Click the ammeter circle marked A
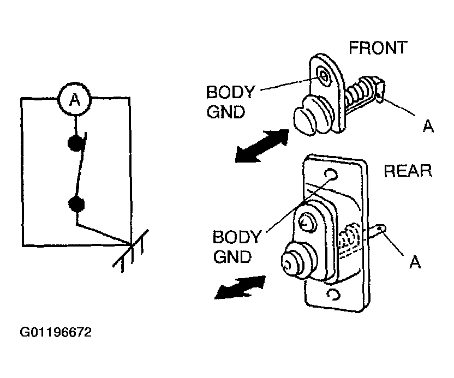pyautogui.click(x=75, y=99)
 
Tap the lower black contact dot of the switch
pyautogui.click(x=76, y=204)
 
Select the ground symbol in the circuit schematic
pyautogui.click(x=131, y=251)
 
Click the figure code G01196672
pyautogui.click(x=56, y=332)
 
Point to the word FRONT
pyautogui.click(x=378, y=48)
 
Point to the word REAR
pyautogui.click(x=408, y=171)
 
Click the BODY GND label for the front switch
pyautogui.click(x=230, y=102)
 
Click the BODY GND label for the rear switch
pyautogui.click(x=237, y=247)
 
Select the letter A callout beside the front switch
pyautogui.click(x=428, y=126)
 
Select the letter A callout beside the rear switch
pyautogui.click(x=415, y=262)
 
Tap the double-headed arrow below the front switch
pyautogui.click(x=262, y=146)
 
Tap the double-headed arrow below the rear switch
pyautogui.click(x=240, y=287)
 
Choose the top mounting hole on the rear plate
pyautogui.click(x=331, y=174)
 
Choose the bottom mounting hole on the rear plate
pyautogui.click(x=333, y=295)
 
